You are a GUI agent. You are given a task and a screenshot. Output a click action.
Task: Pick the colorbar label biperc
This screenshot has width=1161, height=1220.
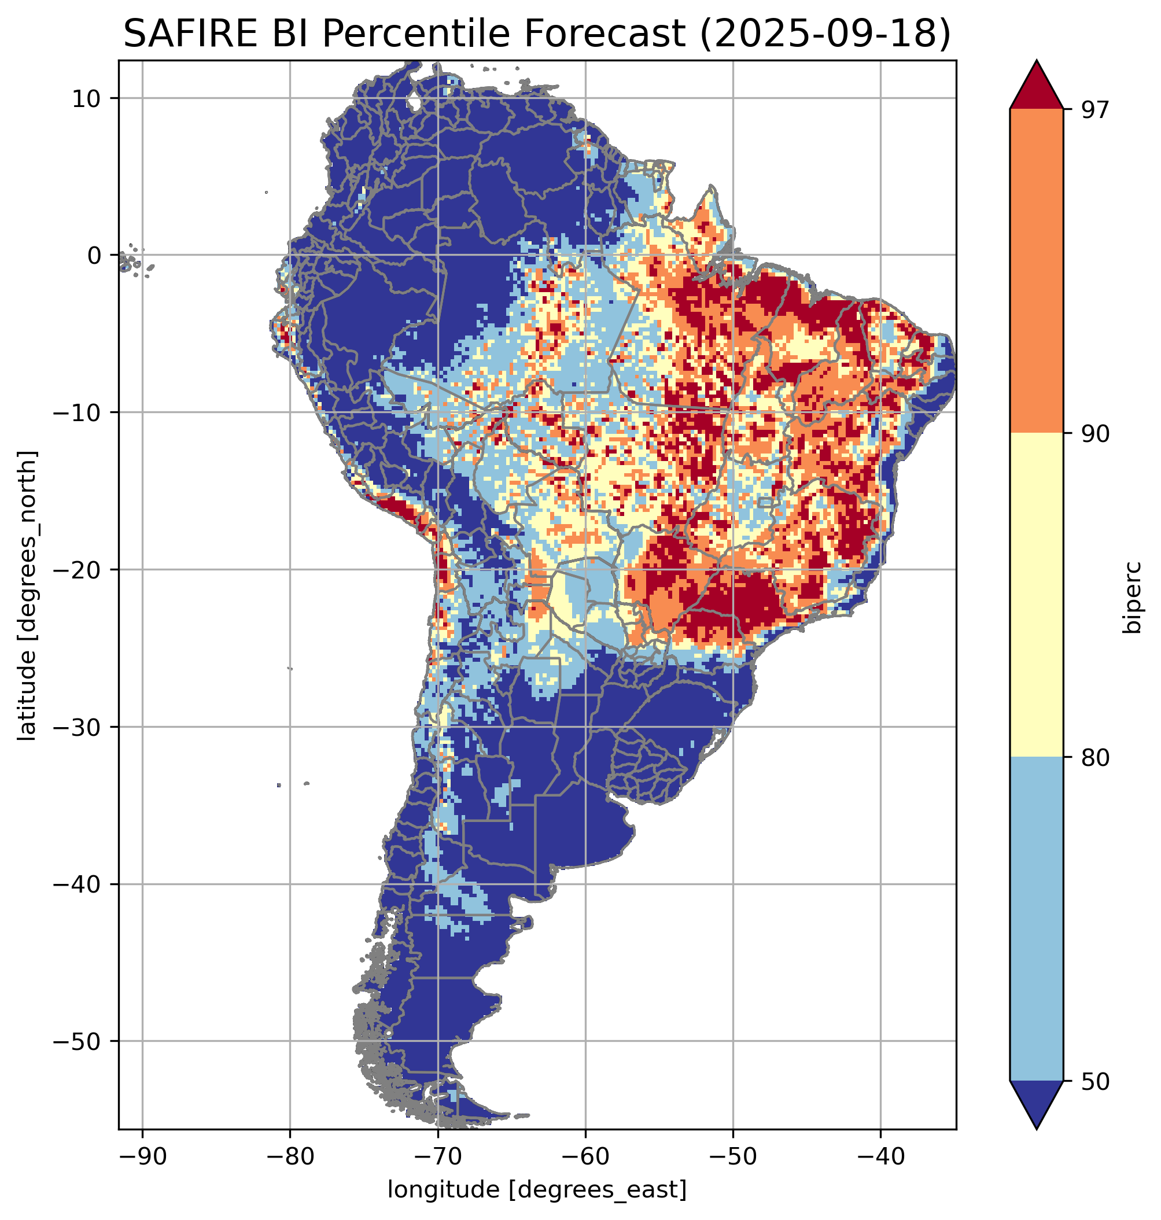(1133, 596)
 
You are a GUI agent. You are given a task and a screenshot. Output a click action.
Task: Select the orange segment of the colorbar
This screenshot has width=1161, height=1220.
(1036, 271)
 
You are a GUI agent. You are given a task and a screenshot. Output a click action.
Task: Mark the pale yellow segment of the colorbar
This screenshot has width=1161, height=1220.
(1036, 595)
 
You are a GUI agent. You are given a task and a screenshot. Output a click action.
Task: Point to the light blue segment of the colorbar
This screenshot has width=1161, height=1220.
(1036, 919)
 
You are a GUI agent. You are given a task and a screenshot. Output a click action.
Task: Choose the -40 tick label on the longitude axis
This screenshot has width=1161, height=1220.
(879, 1155)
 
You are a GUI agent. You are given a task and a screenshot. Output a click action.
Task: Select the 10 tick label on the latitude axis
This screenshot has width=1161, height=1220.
(88, 98)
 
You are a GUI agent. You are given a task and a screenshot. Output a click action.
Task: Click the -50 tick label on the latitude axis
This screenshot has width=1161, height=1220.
(79, 1042)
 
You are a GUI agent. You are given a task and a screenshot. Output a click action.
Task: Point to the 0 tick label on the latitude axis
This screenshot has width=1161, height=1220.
(95, 255)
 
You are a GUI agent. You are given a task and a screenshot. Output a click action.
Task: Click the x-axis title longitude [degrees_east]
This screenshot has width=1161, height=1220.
(537, 1190)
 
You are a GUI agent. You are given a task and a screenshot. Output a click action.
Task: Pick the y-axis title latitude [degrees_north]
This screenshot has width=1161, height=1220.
(27, 595)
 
